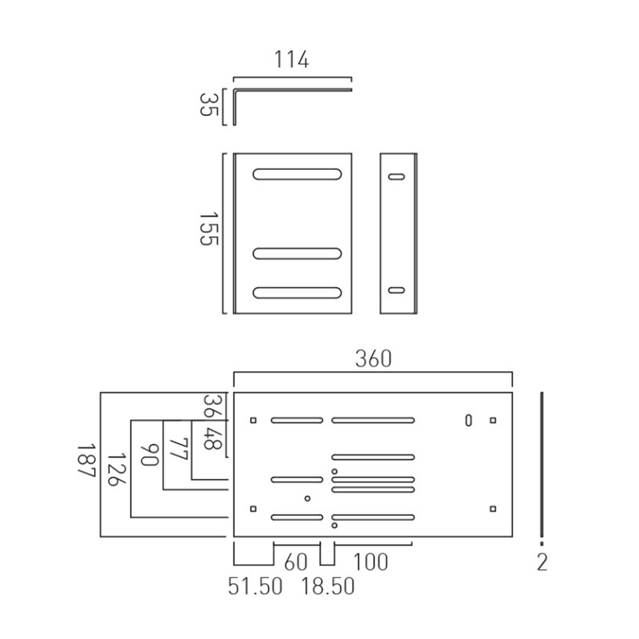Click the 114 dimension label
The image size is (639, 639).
click(291, 60)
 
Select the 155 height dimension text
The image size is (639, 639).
click(209, 229)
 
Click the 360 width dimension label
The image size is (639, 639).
click(373, 359)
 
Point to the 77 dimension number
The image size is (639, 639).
click(179, 449)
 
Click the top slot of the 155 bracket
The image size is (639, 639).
click(297, 174)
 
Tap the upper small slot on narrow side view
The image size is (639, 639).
click(396, 177)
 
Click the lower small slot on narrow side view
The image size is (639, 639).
click(396, 290)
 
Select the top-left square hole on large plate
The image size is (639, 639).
click(253, 420)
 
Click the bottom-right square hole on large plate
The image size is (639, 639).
click(493, 509)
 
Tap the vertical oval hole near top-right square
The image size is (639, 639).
click(468, 420)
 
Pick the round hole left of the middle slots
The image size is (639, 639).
click(308, 498)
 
